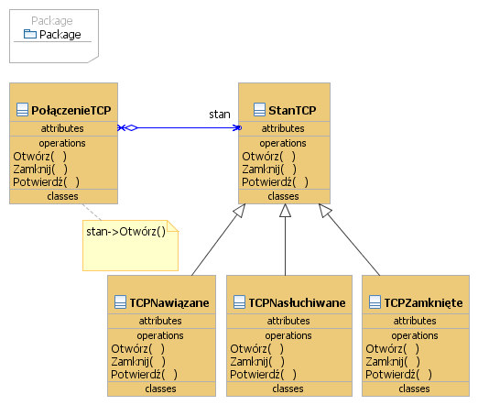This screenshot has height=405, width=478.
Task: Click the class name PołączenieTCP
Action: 71,110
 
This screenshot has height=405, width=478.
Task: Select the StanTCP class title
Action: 292,110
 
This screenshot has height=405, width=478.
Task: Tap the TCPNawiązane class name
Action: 169,302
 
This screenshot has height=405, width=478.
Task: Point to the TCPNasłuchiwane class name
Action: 297,302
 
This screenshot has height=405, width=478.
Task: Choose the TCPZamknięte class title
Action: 423,302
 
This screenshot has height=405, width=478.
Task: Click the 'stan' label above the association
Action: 220,115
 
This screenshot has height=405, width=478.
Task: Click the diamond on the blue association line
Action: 131,127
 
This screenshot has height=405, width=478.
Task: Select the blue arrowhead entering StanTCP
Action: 237,127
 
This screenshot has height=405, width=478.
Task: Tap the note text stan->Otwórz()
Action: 125,232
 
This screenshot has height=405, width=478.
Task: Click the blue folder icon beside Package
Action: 30,34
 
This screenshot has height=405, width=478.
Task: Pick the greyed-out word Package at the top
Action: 52,21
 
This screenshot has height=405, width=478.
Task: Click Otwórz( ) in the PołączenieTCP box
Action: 39,157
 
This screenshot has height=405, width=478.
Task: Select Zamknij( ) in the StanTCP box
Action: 269,170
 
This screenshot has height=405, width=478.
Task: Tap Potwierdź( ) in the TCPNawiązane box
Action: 144,375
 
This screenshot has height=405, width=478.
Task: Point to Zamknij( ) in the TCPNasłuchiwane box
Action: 257,362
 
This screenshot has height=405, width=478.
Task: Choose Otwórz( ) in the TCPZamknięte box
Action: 392,349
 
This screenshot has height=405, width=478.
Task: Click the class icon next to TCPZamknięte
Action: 375,302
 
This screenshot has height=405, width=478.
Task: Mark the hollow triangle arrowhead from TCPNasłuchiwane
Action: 285,211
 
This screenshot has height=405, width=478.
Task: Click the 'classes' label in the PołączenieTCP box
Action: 62,196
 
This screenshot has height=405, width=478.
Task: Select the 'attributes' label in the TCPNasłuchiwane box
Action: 288,321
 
